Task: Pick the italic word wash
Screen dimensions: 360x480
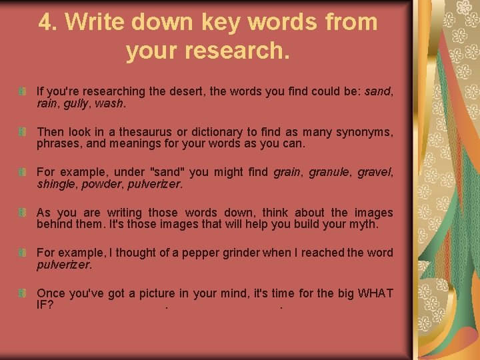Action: [109, 103]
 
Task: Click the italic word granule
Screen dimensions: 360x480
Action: [329, 173]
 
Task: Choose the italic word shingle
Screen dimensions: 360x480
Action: [56, 185]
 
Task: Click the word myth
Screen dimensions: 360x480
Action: [363, 225]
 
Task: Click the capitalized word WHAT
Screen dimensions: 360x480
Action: [375, 293]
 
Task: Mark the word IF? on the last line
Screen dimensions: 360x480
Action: [45, 306]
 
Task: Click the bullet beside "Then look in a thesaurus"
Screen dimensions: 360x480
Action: [23, 131]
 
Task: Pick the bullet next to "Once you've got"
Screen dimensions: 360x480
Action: [23, 294]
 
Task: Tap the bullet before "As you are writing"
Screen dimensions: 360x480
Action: [23, 213]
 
